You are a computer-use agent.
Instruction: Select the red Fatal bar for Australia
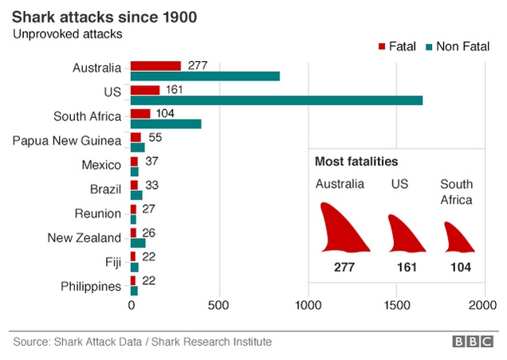click(x=155, y=65)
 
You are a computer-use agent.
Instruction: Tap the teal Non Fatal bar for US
click(x=276, y=100)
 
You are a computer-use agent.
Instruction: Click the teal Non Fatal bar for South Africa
click(x=166, y=124)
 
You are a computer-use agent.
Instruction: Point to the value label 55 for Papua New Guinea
click(x=156, y=138)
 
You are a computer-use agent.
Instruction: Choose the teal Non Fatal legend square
click(x=427, y=47)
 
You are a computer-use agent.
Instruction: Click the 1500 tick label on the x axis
click(x=395, y=305)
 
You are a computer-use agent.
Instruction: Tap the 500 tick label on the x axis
click(x=219, y=305)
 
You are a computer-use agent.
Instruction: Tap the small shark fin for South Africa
click(x=459, y=236)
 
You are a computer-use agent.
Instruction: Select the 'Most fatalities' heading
click(x=356, y=162)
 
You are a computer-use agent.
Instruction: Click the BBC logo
click(x=474, y=342)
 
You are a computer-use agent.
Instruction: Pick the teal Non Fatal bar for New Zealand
click(x=138, y=243)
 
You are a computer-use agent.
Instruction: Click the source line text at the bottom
click(x=142, y=342)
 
